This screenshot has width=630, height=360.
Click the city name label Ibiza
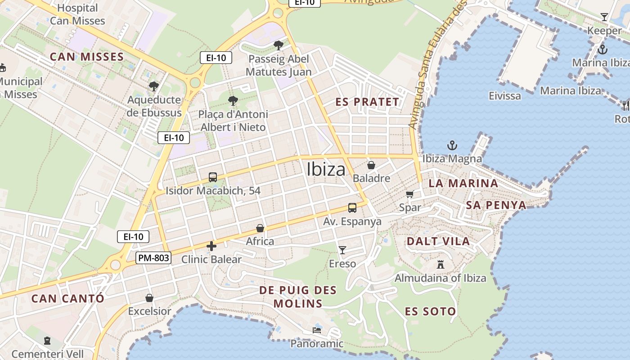[x=326, y=169]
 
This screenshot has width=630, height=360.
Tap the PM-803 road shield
[x=153, y=257]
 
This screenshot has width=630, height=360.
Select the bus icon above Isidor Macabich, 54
[x=213, y=177]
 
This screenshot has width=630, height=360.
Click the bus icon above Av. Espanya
[x=352, y=208]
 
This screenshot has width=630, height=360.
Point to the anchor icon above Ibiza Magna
[x=452, y=145]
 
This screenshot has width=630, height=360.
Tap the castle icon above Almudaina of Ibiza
[x=441, y=265]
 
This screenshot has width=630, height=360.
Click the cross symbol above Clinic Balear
[x=211, y=246]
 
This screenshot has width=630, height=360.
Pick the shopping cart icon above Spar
[x=409, y=194]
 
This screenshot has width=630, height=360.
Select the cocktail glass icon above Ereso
[x=342, y=250]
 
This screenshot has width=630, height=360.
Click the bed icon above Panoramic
[x=317, y=330]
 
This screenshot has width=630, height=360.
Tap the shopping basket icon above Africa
[x=260, y=228]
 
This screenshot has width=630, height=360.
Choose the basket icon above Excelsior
[x=149, y=298]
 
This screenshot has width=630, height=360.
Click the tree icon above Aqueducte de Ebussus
[x=154, y=86]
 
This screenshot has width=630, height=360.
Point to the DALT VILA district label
[x=438, y=241]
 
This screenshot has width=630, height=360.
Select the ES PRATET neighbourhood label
[x=367, y=102]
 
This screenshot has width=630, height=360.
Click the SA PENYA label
[x=496, y=206]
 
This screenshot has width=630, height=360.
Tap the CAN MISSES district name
[x=86, y=57]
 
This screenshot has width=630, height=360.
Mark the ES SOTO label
[x=430, y=311]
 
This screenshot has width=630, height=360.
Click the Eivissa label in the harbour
[x=505, y=96]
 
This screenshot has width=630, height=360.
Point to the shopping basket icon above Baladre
[x=371, y=165]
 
